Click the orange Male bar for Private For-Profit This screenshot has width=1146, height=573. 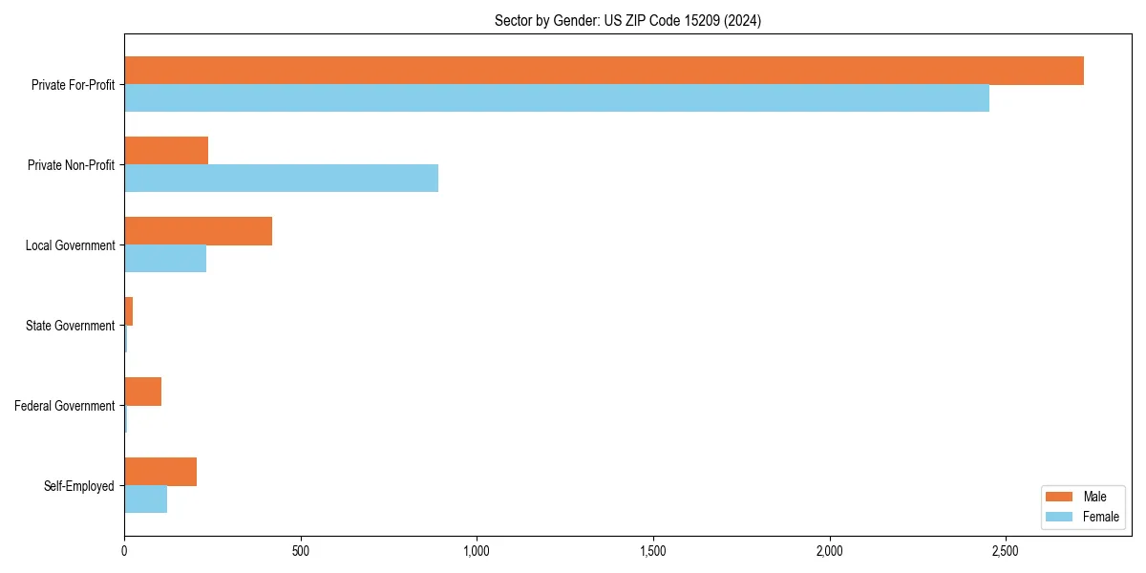click(x=604, y=71)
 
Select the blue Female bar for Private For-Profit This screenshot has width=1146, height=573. click(x=557, y=98)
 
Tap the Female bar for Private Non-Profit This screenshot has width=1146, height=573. click(x=281, y=179)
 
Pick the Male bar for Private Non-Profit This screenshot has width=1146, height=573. click(x=166, y=151)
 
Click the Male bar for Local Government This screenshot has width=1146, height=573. click(x=198, y=231)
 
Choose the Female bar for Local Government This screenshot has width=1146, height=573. click(x=165, y=259)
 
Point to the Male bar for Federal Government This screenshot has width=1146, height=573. click(x=142, y=392)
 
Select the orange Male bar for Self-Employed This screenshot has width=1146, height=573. click(x=160, y=472)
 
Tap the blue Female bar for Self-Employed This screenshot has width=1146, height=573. click(x=145, y=499)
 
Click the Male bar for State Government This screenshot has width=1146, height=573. click(x=128, y=311)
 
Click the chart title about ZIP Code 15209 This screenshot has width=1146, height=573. click(x=627, y=20)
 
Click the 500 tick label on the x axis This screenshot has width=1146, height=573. click(x=301, y=551)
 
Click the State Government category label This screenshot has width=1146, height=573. click(x=70, y=326)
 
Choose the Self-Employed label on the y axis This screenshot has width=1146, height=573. click(x=78, y=486)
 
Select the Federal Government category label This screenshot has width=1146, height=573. click(x=65, y=406)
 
